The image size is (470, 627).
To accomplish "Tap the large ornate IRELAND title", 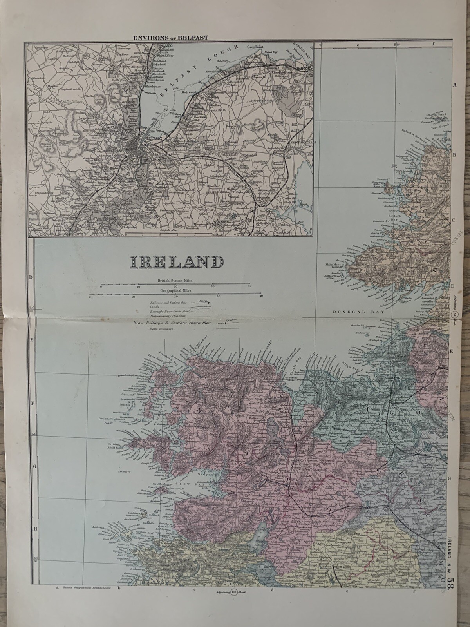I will pyautogui.click(x=177, y=262).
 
